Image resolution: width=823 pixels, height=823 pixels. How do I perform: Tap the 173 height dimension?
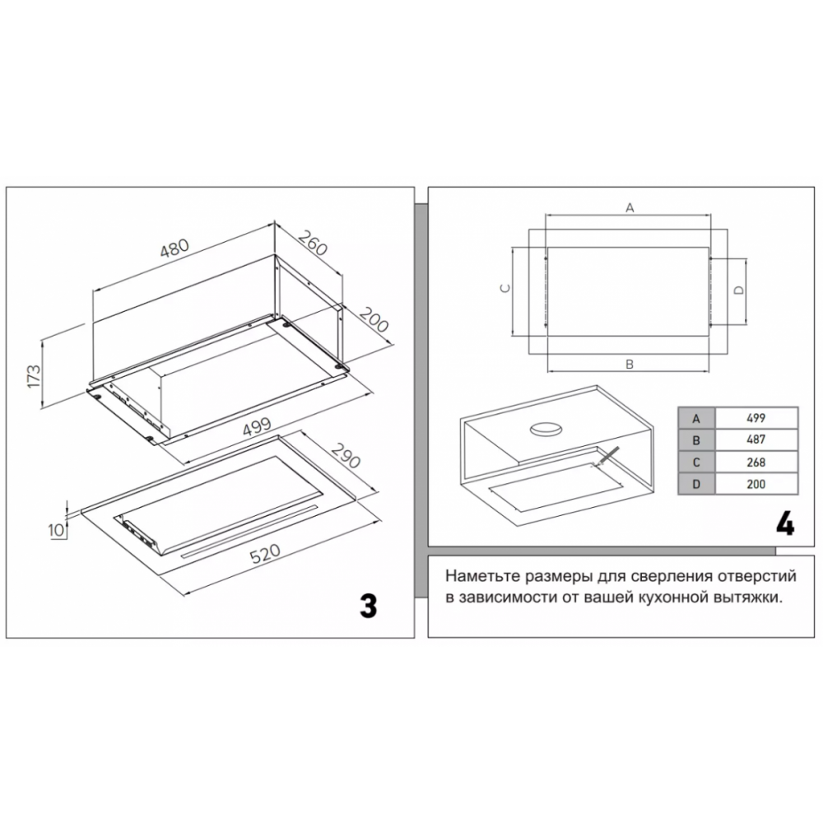34,376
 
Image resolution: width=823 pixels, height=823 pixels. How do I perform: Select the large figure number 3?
368,605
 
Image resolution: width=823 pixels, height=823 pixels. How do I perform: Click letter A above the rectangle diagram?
629,208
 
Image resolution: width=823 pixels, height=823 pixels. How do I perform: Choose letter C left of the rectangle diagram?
507,288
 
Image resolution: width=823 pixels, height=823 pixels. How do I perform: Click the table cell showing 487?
756,440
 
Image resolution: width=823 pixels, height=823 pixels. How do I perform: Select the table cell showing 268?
756,463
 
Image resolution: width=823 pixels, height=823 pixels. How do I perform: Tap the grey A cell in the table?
695,418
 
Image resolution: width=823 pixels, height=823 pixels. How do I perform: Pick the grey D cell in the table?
695,485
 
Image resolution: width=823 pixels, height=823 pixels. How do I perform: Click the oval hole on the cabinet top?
544,429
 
